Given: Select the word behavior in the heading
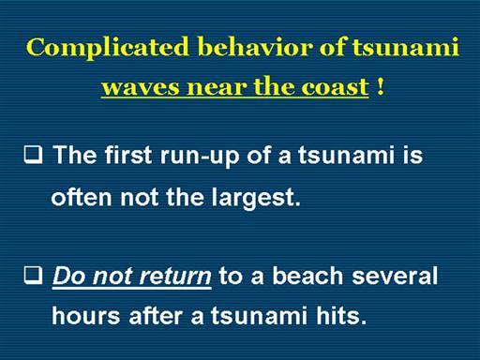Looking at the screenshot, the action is point(255,47).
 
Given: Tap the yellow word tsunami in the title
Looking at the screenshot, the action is point(406,48).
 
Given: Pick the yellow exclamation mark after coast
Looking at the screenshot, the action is point(380,86).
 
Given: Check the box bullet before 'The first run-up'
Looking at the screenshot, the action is point(33,156).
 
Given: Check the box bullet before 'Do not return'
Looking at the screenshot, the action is point(33,276).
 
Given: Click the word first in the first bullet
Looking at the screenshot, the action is point(128,155).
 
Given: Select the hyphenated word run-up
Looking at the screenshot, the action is point(200,157).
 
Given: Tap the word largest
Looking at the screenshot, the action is point(256,199).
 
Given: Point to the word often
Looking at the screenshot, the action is point(82,197).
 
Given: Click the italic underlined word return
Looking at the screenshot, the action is point(175,276).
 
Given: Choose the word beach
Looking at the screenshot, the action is point(307,275).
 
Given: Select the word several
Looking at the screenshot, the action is point(395,275).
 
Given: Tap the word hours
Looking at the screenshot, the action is point(86,315).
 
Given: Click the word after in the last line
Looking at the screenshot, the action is point(156,315).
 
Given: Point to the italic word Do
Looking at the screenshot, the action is point(69,276).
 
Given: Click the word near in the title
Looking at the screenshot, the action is point(217,87).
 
